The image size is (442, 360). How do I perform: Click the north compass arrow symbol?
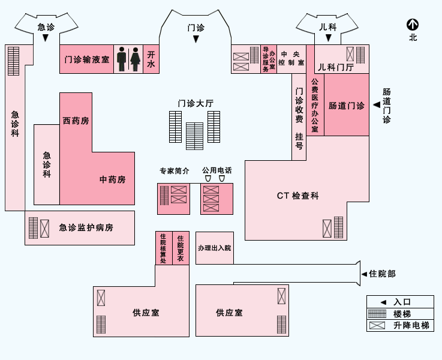click(413, 25)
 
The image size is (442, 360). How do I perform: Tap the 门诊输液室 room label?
click(87, 59)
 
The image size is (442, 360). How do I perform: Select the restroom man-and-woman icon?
click(129, 59)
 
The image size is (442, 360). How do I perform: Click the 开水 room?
click(151, 59)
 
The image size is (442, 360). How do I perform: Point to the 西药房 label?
click(76, 121)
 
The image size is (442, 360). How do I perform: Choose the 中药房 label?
click(113, 179)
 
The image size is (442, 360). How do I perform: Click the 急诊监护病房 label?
click(86, 227)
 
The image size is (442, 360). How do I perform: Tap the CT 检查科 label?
click(297, 196)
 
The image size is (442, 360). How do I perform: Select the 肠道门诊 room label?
click(346, 106)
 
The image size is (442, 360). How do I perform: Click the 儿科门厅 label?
click(335, 67)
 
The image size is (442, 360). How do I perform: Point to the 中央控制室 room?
click(291, 59)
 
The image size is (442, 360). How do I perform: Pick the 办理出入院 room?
click(214, 248)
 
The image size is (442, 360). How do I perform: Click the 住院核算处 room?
click(163, 248)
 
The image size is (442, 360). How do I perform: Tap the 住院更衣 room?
click(181, 248)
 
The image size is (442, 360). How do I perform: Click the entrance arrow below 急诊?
click(46, 38)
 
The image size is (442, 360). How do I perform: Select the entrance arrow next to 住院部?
click(364, 274)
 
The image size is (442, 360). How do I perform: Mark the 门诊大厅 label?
click(196, 103)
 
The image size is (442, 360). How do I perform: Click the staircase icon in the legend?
click(377, 314)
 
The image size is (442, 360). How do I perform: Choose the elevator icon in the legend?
click(377, 326)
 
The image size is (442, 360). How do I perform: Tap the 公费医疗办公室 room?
click(315, 106)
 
